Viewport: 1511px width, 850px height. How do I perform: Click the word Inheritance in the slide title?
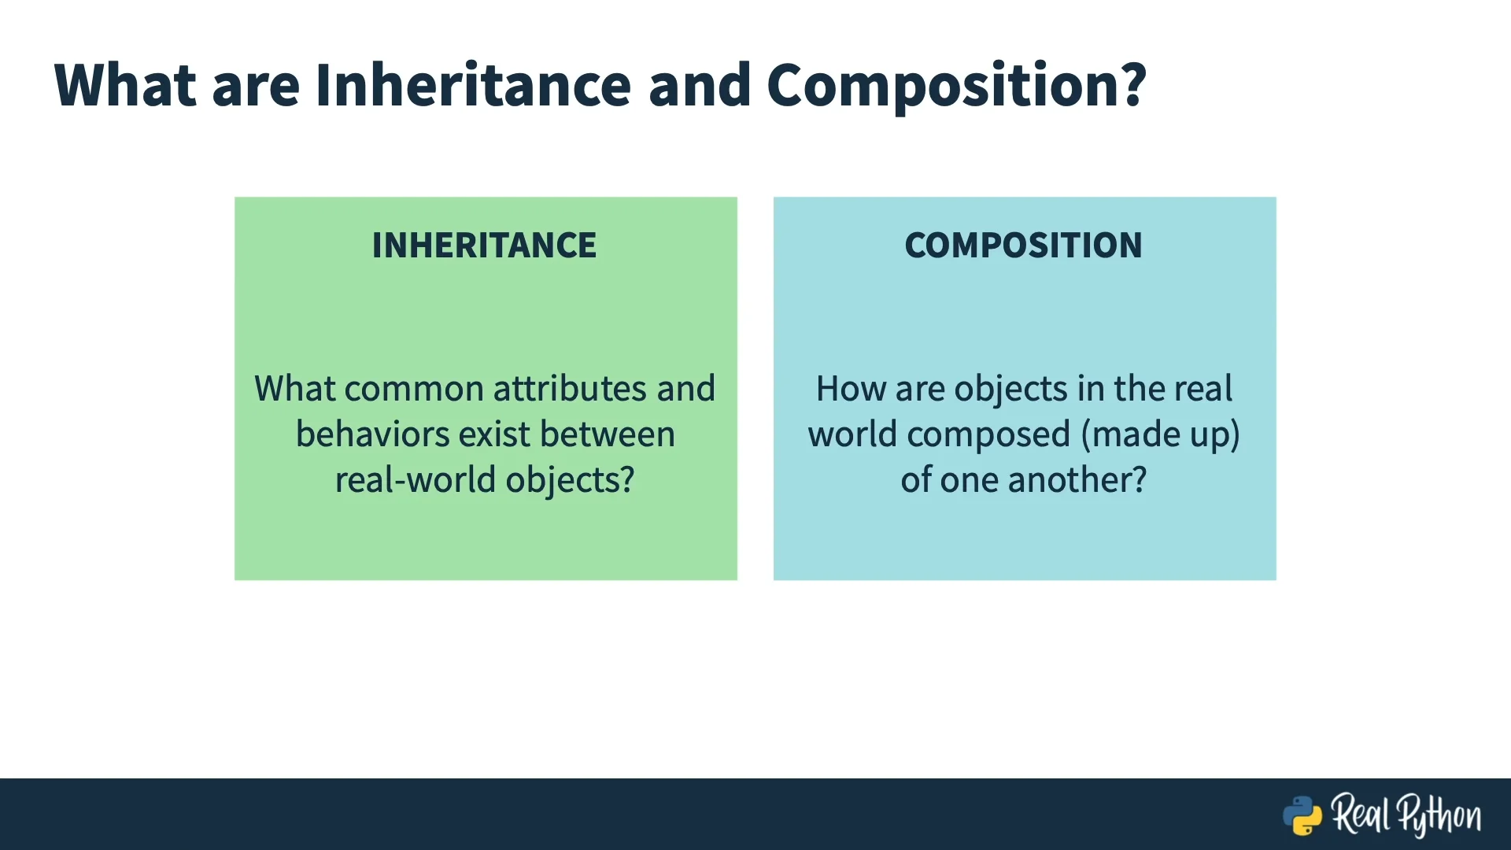(473, 84)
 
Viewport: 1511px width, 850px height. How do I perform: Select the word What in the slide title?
(125, 84)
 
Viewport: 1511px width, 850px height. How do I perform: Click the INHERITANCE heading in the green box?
(484, 245)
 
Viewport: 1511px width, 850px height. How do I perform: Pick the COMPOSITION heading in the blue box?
(1023, 245)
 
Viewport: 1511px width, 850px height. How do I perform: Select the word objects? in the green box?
(570, 481)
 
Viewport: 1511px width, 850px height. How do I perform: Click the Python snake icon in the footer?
(1302, 815)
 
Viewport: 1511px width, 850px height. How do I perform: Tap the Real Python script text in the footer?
(1406, 815)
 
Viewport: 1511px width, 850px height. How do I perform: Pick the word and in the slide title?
(699, 84)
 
